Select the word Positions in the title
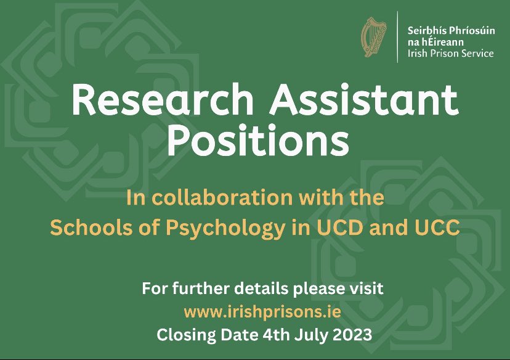tap(257, 141)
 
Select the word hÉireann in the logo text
tap(439, 42)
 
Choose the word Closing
tap(183, 336)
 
